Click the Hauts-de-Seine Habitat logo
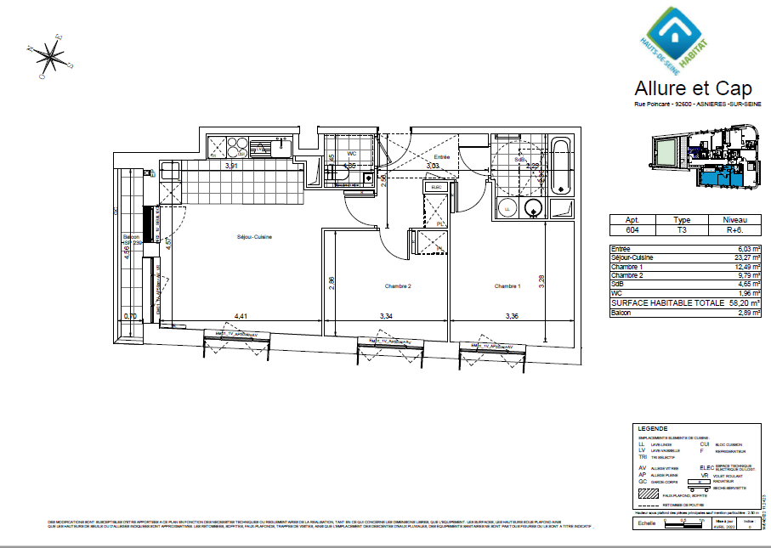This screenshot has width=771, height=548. click(x=677, y=39)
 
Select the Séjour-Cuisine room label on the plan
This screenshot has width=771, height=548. click(x=254, y=237)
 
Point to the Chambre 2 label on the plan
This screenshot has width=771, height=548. click(x=398, y=286)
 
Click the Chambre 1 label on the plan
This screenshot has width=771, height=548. click(x=507, y=286)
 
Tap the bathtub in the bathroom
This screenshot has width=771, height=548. click(x=560, y=166)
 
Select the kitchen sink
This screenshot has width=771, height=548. click(x=269, y=147)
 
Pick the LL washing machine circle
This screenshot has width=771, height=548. click(x=507, y=208)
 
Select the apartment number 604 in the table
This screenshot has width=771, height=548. click(x=632, y=230)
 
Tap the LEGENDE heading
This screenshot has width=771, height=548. click(x=652, y=429)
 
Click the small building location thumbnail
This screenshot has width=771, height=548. click(x=703, y=155)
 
